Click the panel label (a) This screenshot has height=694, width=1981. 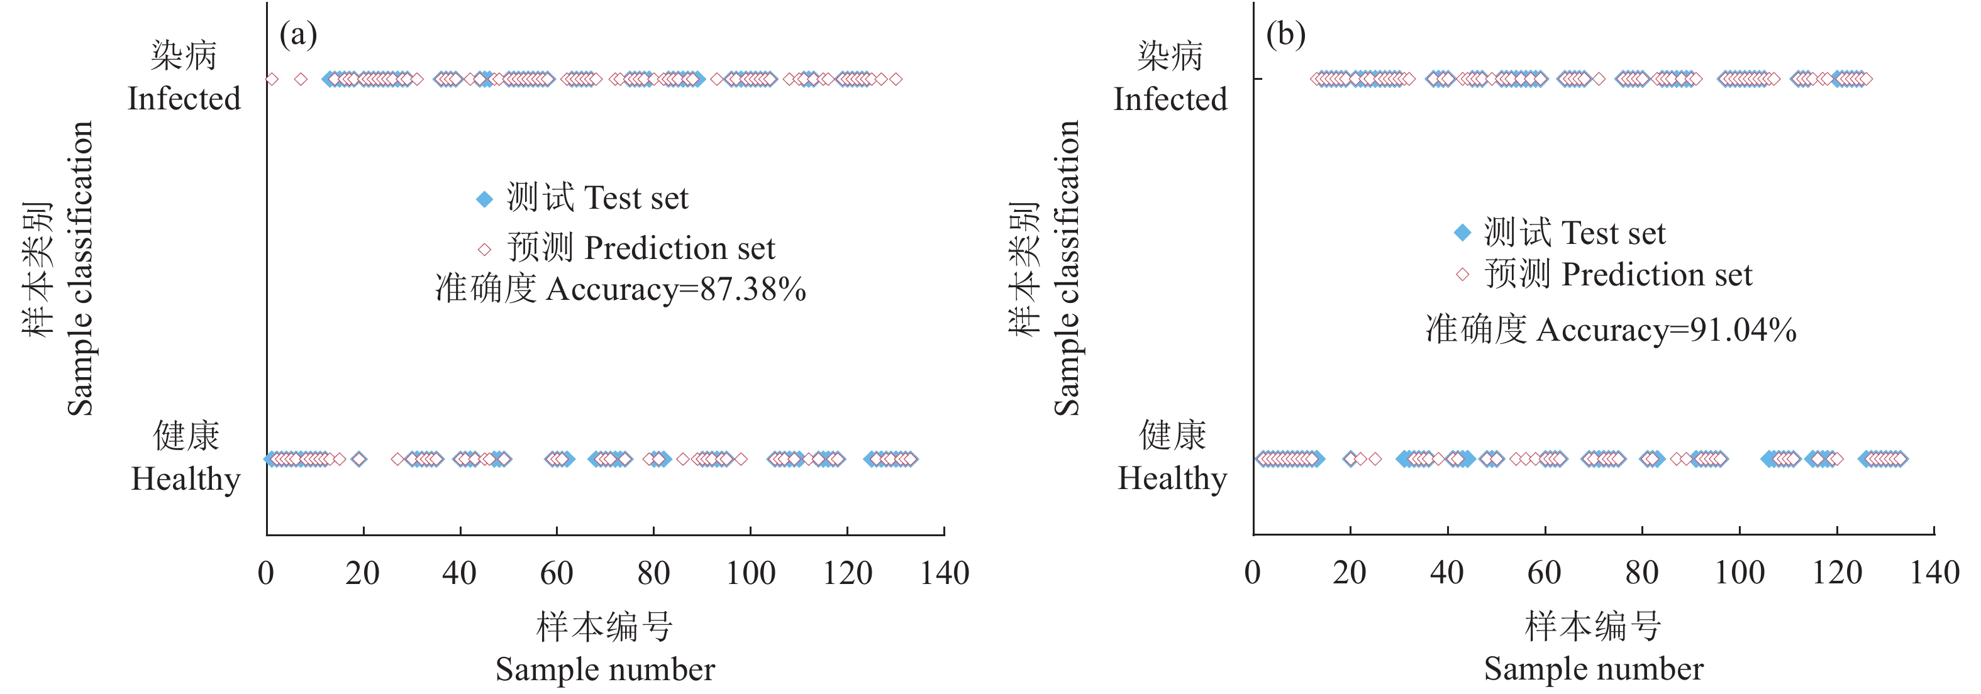click(297, 35)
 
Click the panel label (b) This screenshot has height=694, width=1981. click(1285, 35)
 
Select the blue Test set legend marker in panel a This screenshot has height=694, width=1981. click(484, 199)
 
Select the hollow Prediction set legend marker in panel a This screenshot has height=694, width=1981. click(484, 249)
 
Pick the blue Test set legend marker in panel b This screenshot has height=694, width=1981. click(1463, 233)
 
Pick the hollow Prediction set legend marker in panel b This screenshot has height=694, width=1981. click(1463, 274)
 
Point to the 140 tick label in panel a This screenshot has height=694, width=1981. click(945, 573)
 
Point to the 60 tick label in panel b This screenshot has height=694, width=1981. click(1544, 573)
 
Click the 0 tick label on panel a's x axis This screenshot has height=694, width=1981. click(266, 573)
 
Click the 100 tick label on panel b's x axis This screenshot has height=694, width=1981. click(1740, 573)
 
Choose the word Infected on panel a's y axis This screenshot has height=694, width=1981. click(184, 99)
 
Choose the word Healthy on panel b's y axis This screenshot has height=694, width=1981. click(1172, 479)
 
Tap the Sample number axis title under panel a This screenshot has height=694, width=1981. click(605, 669)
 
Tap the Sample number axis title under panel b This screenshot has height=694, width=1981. click(1594, 669)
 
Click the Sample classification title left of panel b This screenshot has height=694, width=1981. click(1067, 269)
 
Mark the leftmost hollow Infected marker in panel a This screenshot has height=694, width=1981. click(272, 79)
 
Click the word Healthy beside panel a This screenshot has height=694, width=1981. click(186, 480)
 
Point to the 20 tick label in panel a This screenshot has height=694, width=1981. click(362, 573)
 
